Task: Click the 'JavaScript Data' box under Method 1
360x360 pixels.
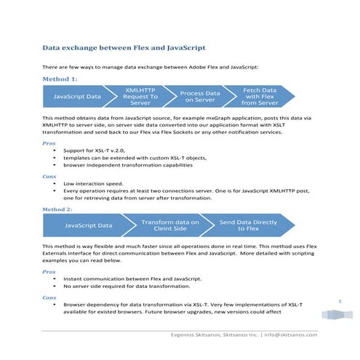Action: coord(74,96)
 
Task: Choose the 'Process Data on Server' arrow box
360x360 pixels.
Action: coord(199,96)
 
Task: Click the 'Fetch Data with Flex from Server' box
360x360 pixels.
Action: coord(260,96)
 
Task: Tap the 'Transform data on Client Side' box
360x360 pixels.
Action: coord(169,226)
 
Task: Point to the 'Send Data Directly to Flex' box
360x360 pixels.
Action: coord(248,226)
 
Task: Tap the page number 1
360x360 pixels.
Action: coord(340,300)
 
